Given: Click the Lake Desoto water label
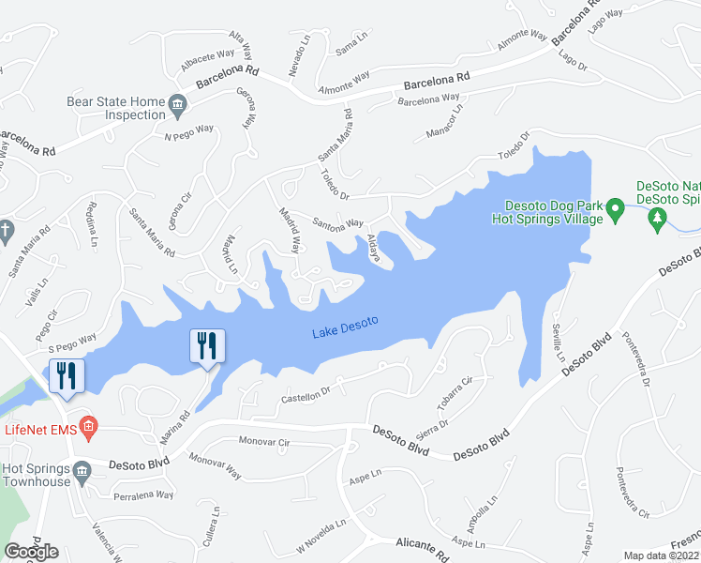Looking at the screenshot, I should point(345,328).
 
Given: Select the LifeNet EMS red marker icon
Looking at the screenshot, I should point(88,429).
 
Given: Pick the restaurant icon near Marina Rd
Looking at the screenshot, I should point(207,345).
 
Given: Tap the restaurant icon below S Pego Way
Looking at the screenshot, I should point(67,375).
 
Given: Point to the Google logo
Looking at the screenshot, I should point(31,552).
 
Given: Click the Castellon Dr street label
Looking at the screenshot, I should point(306,393).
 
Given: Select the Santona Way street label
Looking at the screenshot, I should point(336,223).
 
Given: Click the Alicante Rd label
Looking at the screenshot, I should point(424,544).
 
